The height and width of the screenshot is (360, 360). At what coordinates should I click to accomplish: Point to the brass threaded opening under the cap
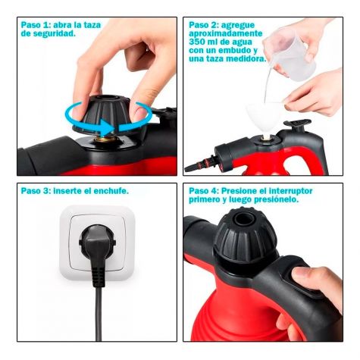pyautogui.click(x=104, y=139)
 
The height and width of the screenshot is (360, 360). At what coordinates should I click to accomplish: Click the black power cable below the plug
pyautogui.click(x=99, y=314)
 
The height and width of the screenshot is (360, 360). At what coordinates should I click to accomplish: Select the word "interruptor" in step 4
pyautogui.click(x=290, y=191)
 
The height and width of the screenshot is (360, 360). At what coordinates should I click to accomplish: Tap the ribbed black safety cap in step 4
pyautogui.click(x=245, y=236)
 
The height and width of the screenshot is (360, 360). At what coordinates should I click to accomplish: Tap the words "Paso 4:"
pyautogui.click(x=204, y=191)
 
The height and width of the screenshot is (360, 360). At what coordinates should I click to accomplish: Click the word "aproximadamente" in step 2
pyautogui.click(x=226, y=33)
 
